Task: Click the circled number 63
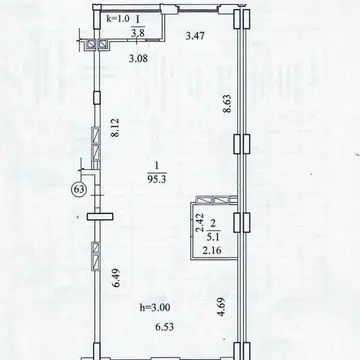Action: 78,190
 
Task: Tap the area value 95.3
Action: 156,180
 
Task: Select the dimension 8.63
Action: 227,104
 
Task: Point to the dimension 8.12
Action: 115,127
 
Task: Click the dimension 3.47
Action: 195,36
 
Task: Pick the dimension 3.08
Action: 138,59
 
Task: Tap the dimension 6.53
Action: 164,327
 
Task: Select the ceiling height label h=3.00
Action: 155,307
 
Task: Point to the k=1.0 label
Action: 117,19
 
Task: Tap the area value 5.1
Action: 212,237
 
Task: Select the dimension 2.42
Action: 198,224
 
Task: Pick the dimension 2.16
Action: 212,250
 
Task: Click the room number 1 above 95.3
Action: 156,165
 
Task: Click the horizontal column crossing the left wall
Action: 100,217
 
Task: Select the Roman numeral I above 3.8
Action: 137,20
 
